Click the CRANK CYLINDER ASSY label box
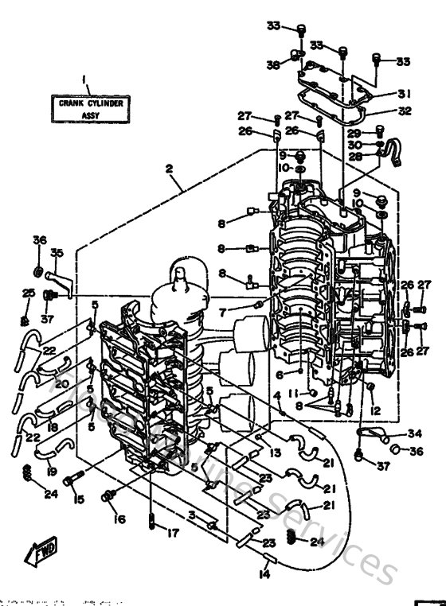click(84, 108)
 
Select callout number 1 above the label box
click(84, 79)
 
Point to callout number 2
click(169, 169)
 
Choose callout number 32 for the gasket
click(405, 111)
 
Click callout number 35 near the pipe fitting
click(56, 254)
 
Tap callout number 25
click(28, 293)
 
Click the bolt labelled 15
click(70, 480)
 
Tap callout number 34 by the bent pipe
click(414, 433)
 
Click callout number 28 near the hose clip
click(355, 157)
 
